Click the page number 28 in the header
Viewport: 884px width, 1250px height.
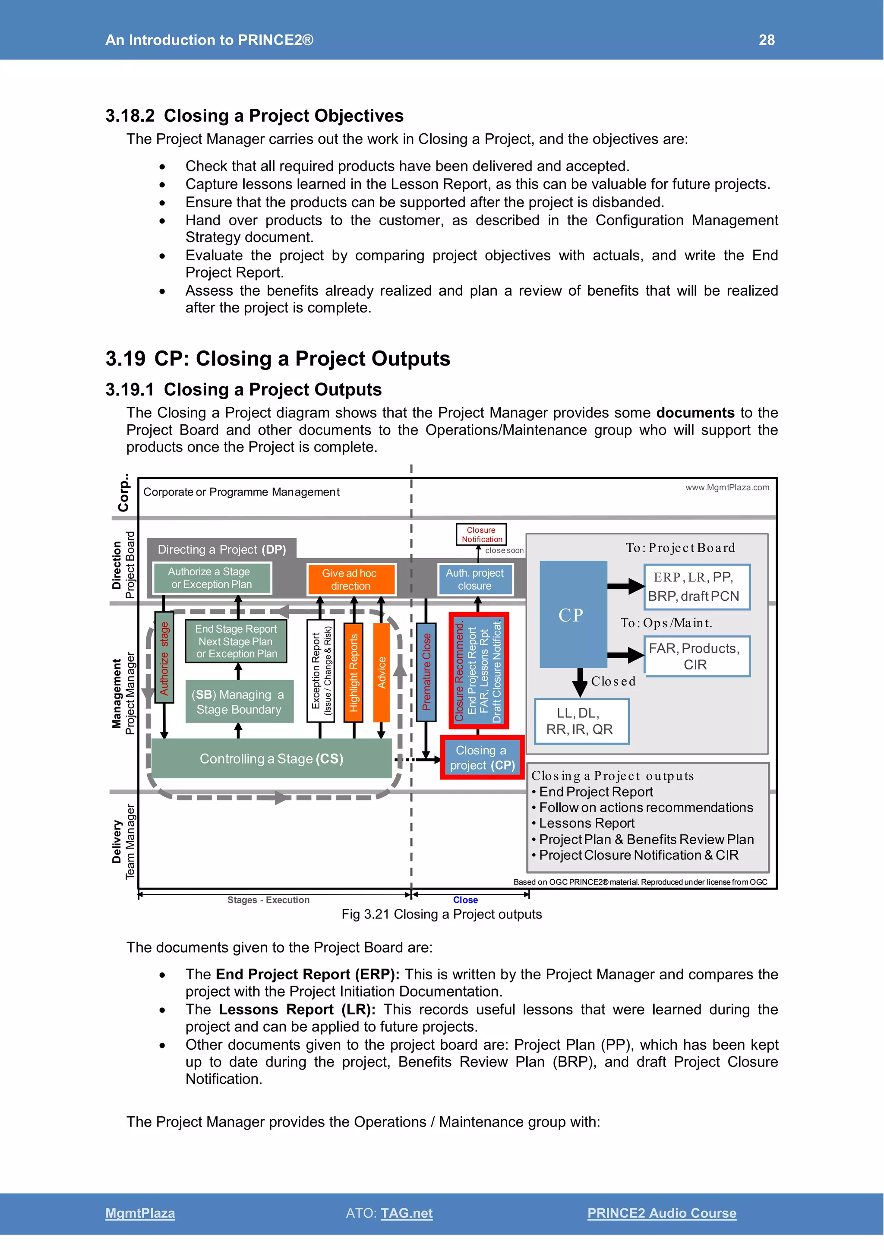pyautogui.click(x=767, y=40)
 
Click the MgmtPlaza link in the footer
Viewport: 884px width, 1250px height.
pyautogui.click(x=140, y=1213)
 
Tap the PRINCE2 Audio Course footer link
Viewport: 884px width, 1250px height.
pyautogui.click(x=661, y=1213)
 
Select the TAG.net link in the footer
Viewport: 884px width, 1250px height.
pyautogui.click(x=407, y=1213)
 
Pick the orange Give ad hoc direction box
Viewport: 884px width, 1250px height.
pyautogui.click(x=350, y=579)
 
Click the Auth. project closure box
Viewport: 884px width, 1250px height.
pyautogui.click(x=475, y=579)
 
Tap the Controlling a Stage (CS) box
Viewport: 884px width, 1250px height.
pyautogui.click(x=271, y=758)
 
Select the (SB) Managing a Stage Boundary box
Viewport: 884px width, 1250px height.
pyautogui.click(x=239, y=702)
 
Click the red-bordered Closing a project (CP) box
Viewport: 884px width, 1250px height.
pyautogui.click(x=482, y=758)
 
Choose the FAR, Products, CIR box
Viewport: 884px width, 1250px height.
pyautogui.click(x=696, y=656)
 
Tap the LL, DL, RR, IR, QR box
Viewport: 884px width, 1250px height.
pyautogui.click(x=581, y=721)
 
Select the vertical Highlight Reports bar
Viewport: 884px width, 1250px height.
pyautogui.click(x=353, y=673)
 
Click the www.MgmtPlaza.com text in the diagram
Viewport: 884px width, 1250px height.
pyautogui.click(x=727, y=488)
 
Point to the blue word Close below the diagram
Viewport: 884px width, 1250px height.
pyautogui.click(x=465, y=900)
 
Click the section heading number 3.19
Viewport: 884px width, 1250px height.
pyautogui.click(x=125, y=359)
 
